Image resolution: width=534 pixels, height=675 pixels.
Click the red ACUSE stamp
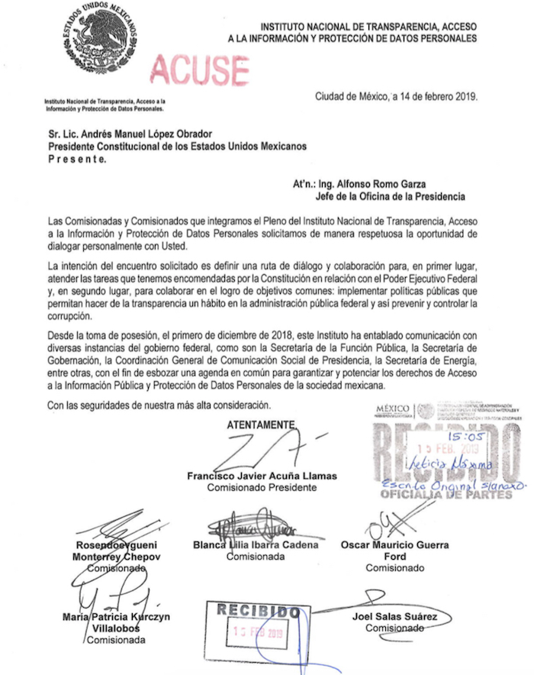199,70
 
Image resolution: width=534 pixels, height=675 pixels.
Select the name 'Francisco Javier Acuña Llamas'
262,476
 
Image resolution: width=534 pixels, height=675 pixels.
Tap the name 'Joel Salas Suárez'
394,616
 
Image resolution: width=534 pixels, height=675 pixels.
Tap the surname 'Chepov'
137,557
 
